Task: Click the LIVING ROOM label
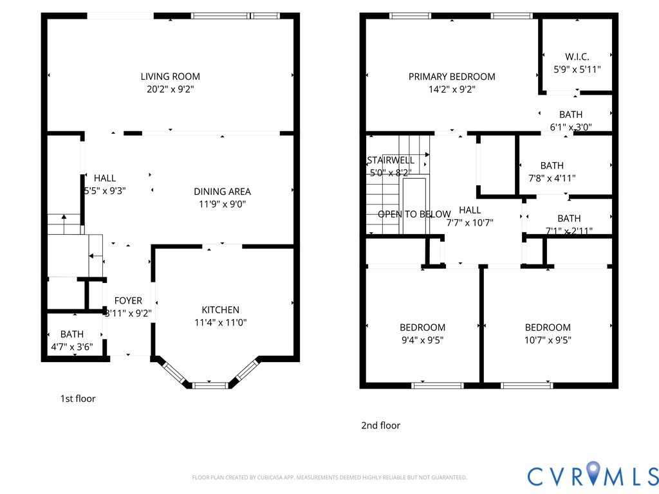coord(170,77)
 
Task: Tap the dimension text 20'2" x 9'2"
coord(170,90)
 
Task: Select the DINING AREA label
coord(222,191)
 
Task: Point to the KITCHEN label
coord(220,309)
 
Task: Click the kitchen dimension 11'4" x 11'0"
coord(220,323)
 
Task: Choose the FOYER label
coord(128,300)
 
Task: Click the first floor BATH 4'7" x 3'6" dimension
coord(71,347)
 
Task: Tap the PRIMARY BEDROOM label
coord(452,77)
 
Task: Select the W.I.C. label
coord(577,57)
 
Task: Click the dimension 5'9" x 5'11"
coord(577,69)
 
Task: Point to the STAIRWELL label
coord(391,160)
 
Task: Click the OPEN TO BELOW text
coord(414,214)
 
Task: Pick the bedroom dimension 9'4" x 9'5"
coord(422,340)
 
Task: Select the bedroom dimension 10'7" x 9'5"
coord(547,340)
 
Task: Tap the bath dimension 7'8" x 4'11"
coord(552,179)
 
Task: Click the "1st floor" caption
coord(78,399)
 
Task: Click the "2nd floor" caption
coord(380,425)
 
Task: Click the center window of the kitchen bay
coord(210,385)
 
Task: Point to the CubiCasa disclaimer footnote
coord(329,477)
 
